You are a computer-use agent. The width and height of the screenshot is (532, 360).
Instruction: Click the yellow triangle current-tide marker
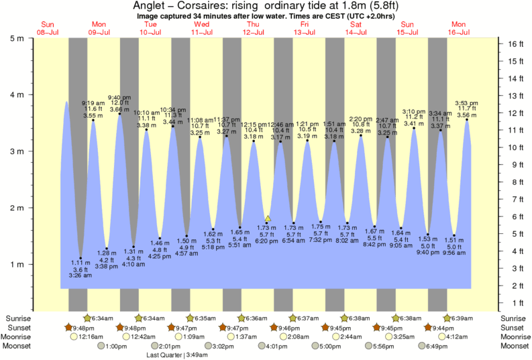coord(268,219)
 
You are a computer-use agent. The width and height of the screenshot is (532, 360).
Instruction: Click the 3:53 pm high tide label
coord(467,103)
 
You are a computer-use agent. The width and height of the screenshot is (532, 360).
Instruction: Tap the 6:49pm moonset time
coord(435,347)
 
